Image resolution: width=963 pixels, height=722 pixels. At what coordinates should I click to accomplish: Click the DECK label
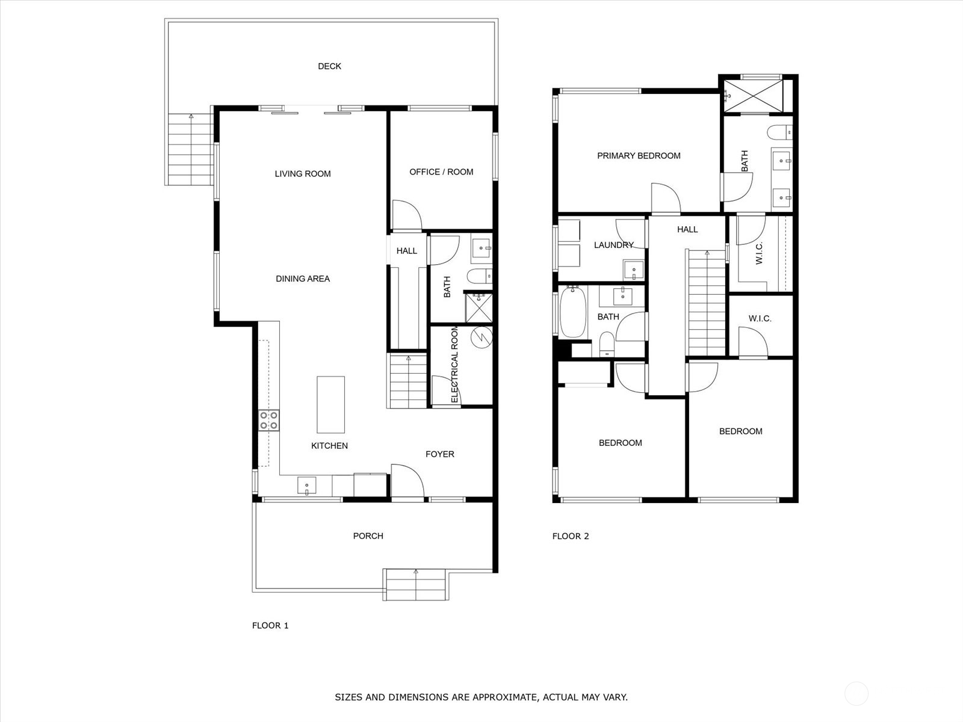click(x=329, y=66)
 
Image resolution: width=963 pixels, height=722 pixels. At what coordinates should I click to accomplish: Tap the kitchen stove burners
click(x=268, y=420)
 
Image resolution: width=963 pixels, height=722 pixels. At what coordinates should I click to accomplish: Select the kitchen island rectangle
click(x=330, y=404)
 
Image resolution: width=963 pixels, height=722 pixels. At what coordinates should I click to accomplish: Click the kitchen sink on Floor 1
click(x=306, y=485)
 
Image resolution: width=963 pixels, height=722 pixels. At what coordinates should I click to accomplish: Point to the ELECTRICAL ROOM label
click(x=454, y=365)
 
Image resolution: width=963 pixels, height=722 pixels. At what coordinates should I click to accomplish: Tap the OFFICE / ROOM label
click(x=441, y=172)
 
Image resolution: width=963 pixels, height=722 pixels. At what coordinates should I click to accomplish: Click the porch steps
click(x=415, y=584)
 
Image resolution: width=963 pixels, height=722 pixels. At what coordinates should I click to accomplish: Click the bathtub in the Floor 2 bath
click(x=572, y=312)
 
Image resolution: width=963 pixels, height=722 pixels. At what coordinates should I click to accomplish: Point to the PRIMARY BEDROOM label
click(x=639, y=156)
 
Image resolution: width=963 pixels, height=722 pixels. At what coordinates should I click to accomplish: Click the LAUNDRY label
click(x=613, y=245)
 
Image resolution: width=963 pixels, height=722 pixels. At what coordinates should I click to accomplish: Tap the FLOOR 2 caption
click(x=570, y=536)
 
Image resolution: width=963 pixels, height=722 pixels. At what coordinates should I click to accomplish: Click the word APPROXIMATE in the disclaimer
click(x=504, y=697)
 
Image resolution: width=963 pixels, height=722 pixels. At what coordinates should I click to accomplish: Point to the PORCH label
click(x=368, y=536)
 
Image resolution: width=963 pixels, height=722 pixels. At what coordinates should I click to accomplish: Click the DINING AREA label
click(x=302, y=279)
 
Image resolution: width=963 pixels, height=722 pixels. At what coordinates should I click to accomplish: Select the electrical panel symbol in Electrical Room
click(x=481, y=338)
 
